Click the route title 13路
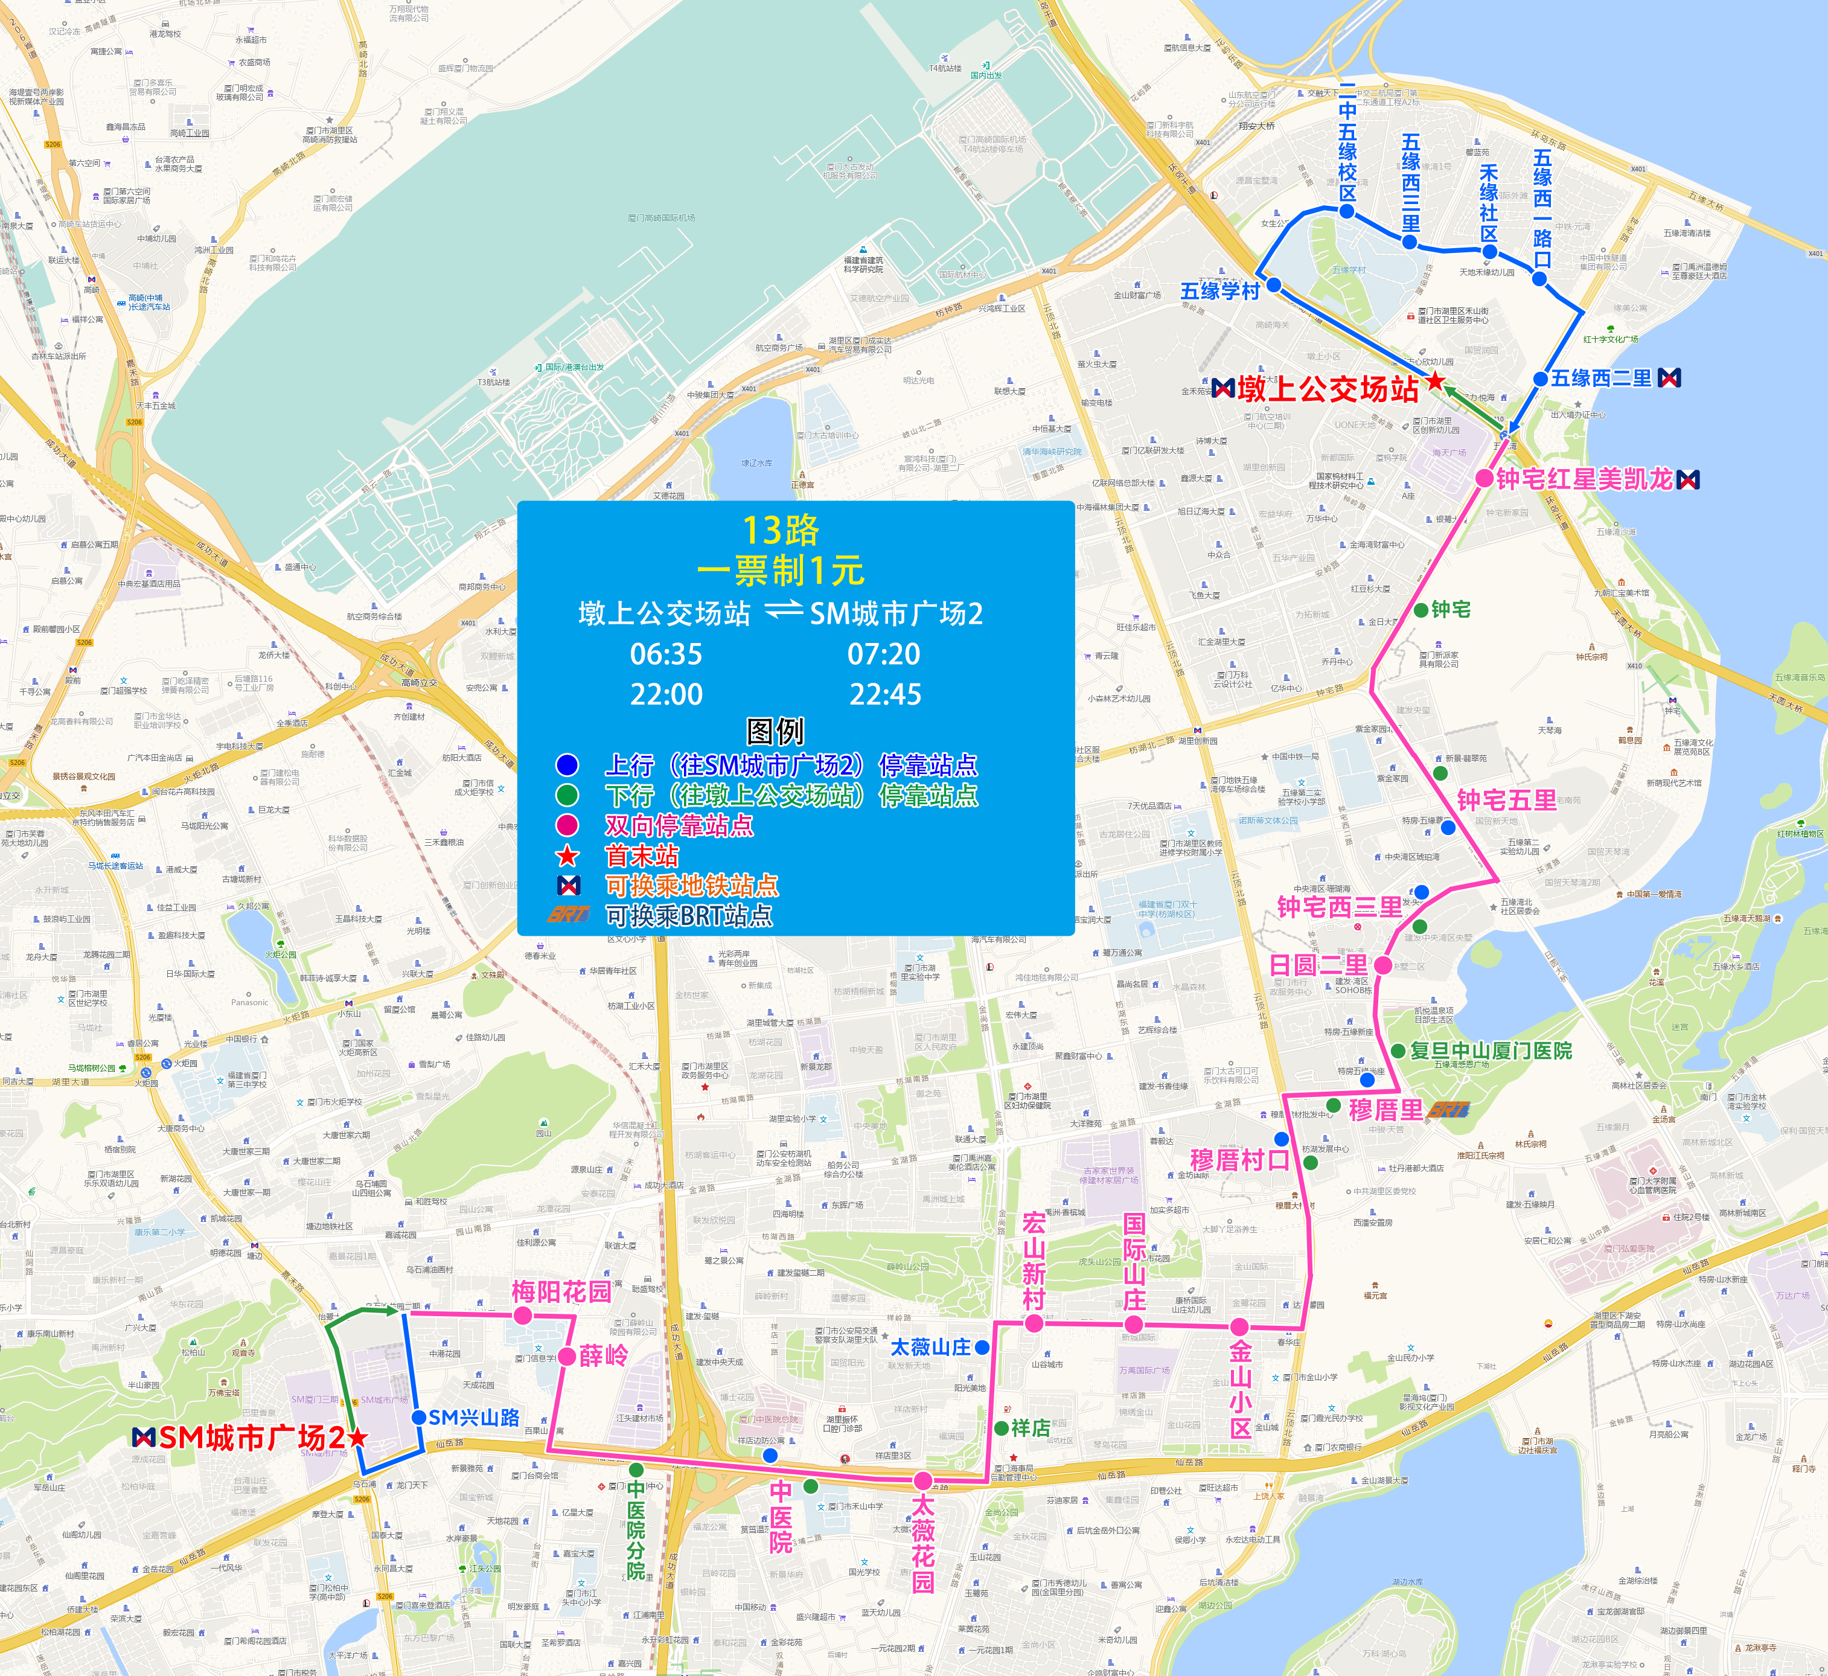click(x=780, y=529)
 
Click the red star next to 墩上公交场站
click(x=1436, y=381)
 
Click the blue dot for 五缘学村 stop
click(x=1273, y=285)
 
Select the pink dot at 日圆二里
click(x=1383, y=965)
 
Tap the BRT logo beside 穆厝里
click(x=1448, y=1110)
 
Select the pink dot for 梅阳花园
click(x=522, y=1315)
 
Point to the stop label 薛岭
click(x=603, y=1356)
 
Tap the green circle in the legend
click(x=567, y=795)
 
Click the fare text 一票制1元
click(x=780, y=571)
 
